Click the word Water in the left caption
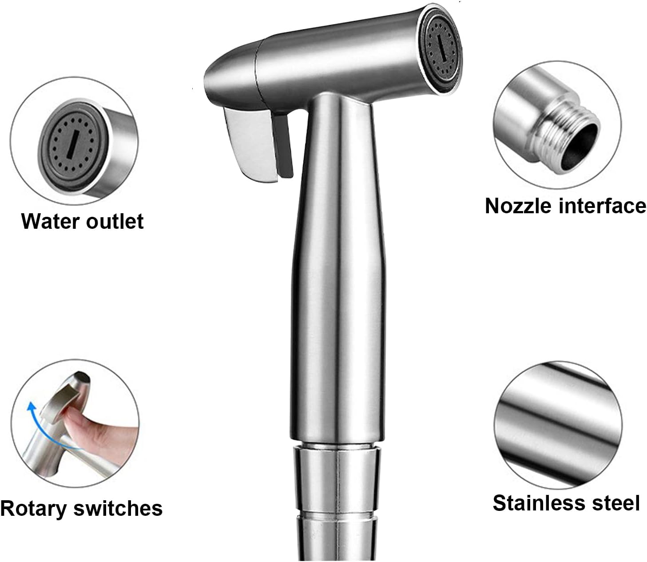point(50,222)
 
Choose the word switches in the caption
point(118,508)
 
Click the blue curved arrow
point(41,426)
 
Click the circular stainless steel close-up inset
point(557,425)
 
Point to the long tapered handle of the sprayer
point(338,269)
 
